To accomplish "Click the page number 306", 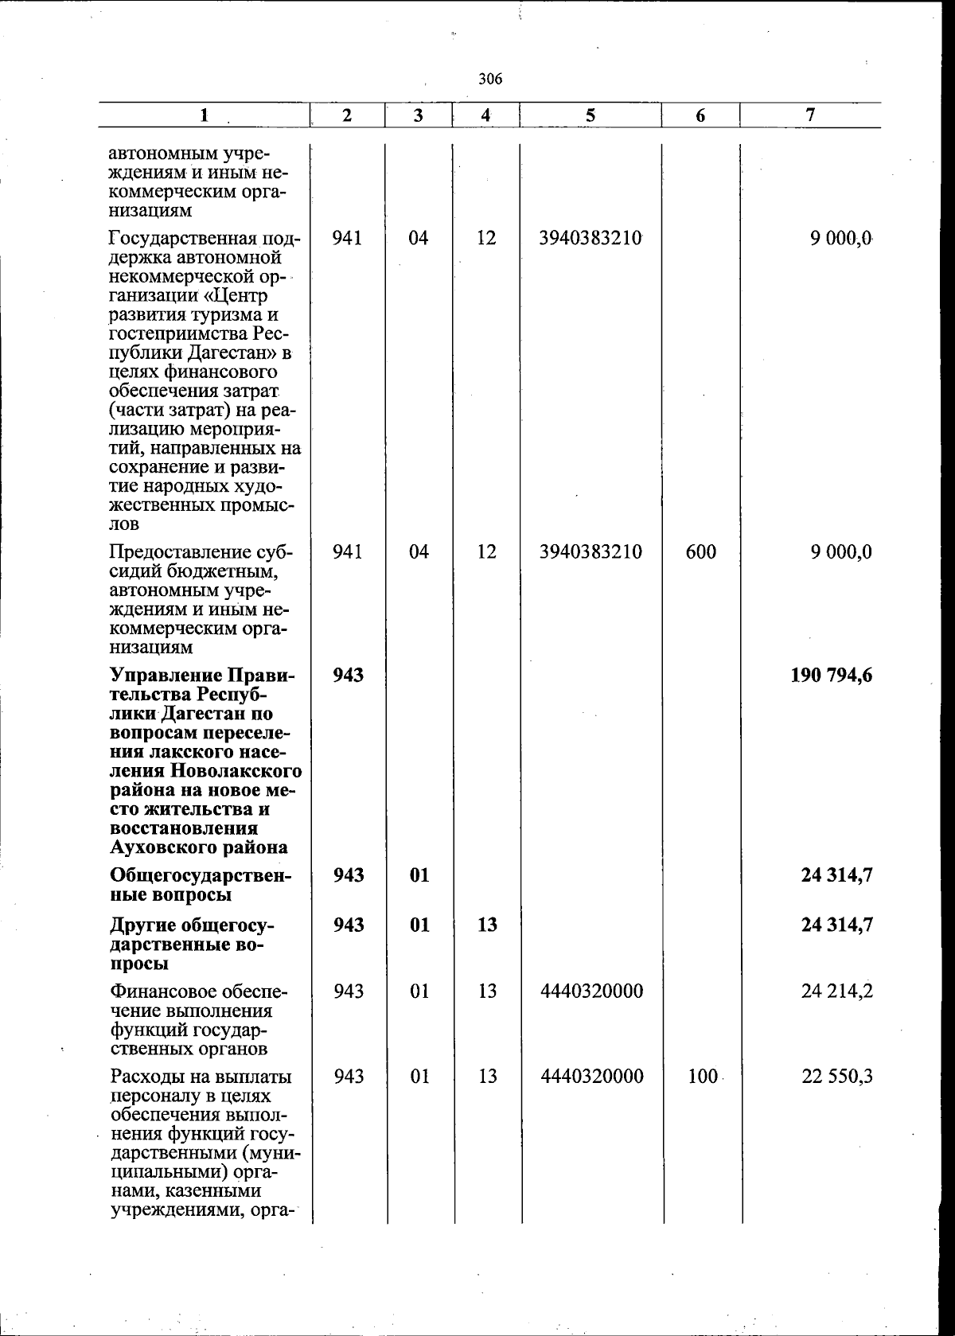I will point(491,79).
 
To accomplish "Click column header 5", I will point(590,115).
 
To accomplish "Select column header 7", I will point(809,115).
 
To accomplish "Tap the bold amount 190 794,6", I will point(832,676).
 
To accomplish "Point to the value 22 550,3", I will point(837,1077).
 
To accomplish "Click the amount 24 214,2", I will point(837,991).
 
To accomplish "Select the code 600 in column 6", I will point(700,551).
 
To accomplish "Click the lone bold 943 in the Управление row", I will point(348,676).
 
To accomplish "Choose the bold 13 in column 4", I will point(487,925).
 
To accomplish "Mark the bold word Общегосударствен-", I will point(201,875).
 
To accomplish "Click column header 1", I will point(205,115).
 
